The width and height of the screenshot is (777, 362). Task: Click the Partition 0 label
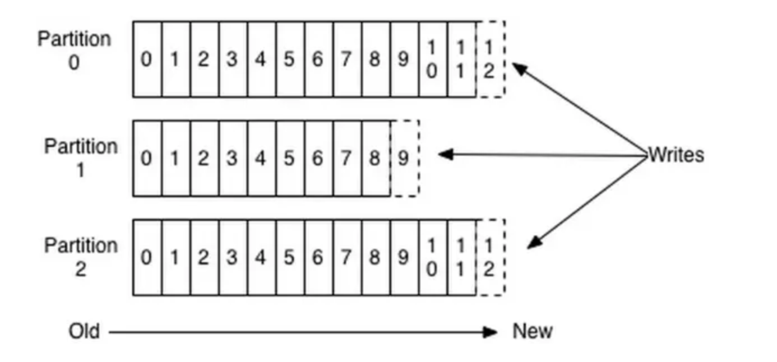pos(74,50)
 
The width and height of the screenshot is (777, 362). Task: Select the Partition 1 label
pos(81,157)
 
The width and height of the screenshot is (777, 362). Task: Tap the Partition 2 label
pos(81,257)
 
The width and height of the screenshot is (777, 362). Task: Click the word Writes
pos(676,155)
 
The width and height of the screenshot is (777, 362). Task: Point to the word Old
pos(84,331)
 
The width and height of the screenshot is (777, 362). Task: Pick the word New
pos(532,331)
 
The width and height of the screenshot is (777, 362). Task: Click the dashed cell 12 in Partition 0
pos(490,59)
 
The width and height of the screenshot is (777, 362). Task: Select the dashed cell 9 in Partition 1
pos(404,159)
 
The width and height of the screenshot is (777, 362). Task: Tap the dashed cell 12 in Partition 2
pos(490,257)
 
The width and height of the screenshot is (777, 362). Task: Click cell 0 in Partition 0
pos(147,59)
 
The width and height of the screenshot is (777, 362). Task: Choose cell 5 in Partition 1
pos(289,159)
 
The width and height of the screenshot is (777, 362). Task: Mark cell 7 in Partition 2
pos(346,257)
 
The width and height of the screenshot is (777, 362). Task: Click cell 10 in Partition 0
pos(432,59)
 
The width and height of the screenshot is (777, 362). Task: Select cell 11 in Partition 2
pos(461,257)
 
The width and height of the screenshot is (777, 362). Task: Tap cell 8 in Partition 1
pos(375,159)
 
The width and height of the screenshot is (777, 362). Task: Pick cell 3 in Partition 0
pos(232,59)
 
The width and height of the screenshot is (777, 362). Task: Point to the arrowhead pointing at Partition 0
pos(519,68)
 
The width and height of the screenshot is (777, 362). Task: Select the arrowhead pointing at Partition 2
pos(534,242)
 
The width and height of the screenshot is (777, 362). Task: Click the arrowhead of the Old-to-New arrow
pos(491,332)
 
